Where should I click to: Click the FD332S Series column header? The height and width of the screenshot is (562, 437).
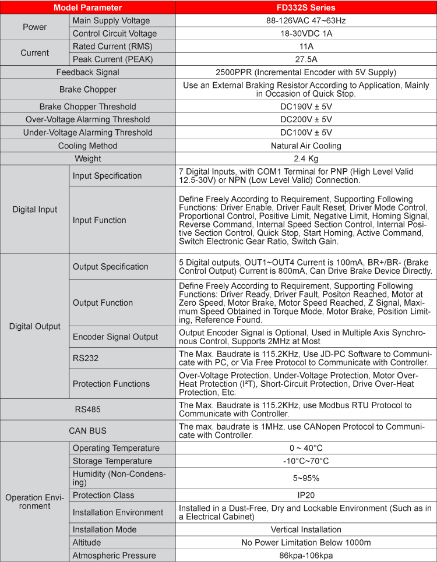click(306, 8)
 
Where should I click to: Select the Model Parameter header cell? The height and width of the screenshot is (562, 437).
click(88, 8)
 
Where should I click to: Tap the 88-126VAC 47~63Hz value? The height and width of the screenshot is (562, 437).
click(306, 21)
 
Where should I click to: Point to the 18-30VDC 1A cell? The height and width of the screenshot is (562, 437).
click(306, 34)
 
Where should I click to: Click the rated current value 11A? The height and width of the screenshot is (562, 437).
click(306, 47)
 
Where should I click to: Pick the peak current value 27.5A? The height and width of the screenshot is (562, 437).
click(306, 59)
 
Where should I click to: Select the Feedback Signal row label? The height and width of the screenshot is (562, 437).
click(88, 72)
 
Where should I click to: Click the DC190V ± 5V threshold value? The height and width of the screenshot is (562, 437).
click(306, 107)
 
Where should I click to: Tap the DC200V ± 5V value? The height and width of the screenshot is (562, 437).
click(306, 119)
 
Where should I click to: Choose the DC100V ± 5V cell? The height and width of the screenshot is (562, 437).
click(306, 132)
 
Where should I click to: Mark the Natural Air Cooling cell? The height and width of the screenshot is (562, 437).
click(306, 146)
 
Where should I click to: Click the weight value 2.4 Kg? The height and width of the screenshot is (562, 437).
click(306, 158)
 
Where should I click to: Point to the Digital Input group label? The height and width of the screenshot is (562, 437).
click(35, 210)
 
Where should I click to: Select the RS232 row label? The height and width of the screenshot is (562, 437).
click(85, 358)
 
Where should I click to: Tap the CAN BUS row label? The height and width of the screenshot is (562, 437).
click(88, 431)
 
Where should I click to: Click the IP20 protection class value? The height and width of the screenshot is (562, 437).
click(306, 495)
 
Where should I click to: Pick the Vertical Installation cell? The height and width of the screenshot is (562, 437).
click(306, 530)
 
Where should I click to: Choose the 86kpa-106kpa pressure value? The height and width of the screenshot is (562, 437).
click(306, 556)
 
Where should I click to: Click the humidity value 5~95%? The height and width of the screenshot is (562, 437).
click(306, 478)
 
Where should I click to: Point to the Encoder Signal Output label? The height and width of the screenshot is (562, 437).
click(115, 337)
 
